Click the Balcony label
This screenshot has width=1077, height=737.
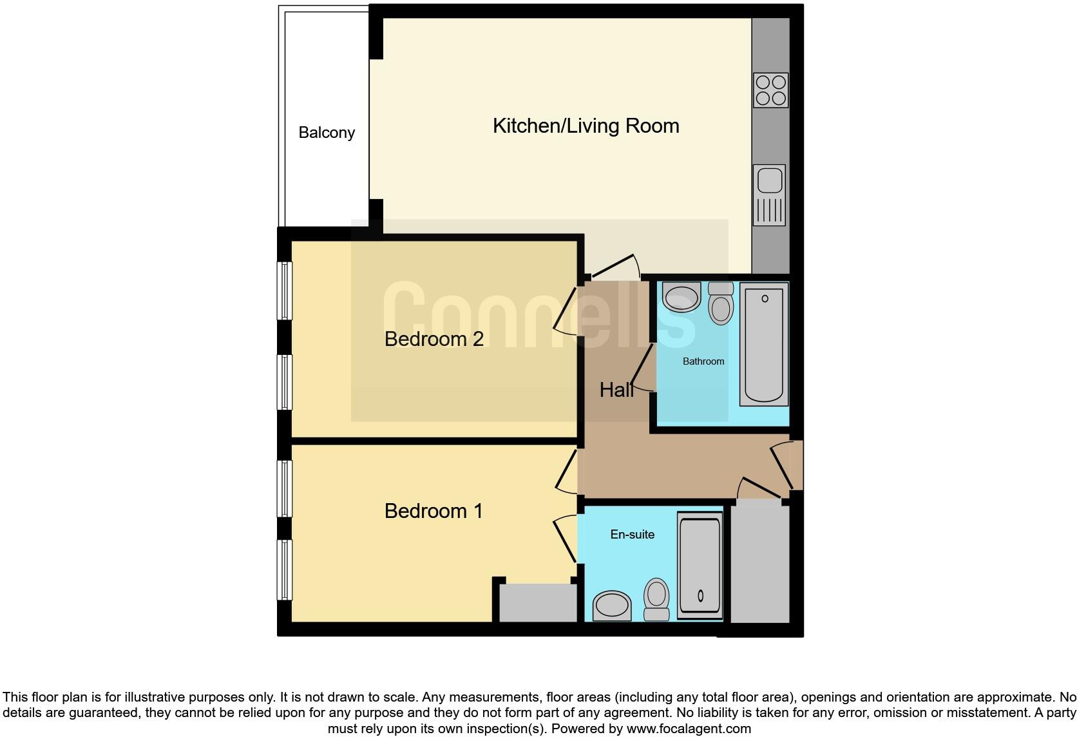[327, 133]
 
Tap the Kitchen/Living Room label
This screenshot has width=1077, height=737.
[586, 126]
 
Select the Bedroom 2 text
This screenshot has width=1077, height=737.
[434, 339]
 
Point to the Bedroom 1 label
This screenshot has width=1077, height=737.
[433, 511]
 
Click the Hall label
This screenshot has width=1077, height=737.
[616, 390]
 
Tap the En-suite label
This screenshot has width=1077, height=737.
[632, 534]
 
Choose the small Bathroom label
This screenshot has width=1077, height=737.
[703, 361]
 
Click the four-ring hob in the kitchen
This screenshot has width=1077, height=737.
[770, 90]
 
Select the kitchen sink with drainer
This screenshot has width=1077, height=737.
[770, 195]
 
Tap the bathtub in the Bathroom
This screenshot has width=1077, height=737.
[765, 344]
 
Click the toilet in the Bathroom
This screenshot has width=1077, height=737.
[721, 303]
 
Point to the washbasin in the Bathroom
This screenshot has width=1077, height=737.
[681, 298]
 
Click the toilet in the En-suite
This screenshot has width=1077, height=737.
[657, 599]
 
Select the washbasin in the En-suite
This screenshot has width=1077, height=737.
[612, 606]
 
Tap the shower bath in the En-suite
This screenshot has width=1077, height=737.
[700, 566]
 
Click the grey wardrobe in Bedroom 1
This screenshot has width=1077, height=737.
[538, 603]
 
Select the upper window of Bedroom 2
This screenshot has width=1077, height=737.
[285, 290]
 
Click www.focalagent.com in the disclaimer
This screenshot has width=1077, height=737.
[689, 729]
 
